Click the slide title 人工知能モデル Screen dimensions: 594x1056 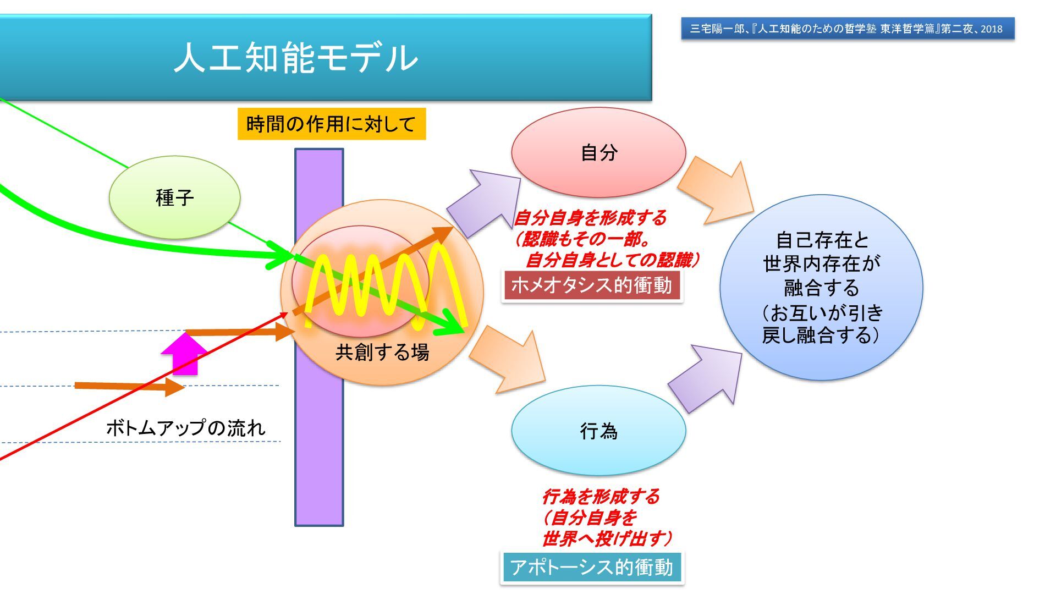coord(296,58)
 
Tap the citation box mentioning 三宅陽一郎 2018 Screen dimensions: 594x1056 coord(847,29)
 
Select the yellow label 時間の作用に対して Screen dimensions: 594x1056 coord(331,124)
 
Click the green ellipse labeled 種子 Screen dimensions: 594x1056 coord(174,197)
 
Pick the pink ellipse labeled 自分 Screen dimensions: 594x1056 coord(598,152)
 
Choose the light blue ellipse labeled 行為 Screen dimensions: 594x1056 coord(598,431)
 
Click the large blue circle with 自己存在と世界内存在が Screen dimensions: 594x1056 coord(821,287)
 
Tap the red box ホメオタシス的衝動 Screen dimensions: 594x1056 coord(592,286)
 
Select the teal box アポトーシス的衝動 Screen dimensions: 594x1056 coord(591,568)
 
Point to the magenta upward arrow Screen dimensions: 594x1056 coord(185,355)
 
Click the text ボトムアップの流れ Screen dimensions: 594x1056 coord(185,428)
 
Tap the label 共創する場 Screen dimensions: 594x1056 coord(382,353)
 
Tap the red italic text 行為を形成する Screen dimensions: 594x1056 coord(601,497)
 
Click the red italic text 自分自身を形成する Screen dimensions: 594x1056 coord(590,218)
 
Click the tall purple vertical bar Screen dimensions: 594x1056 coord(319,440)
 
